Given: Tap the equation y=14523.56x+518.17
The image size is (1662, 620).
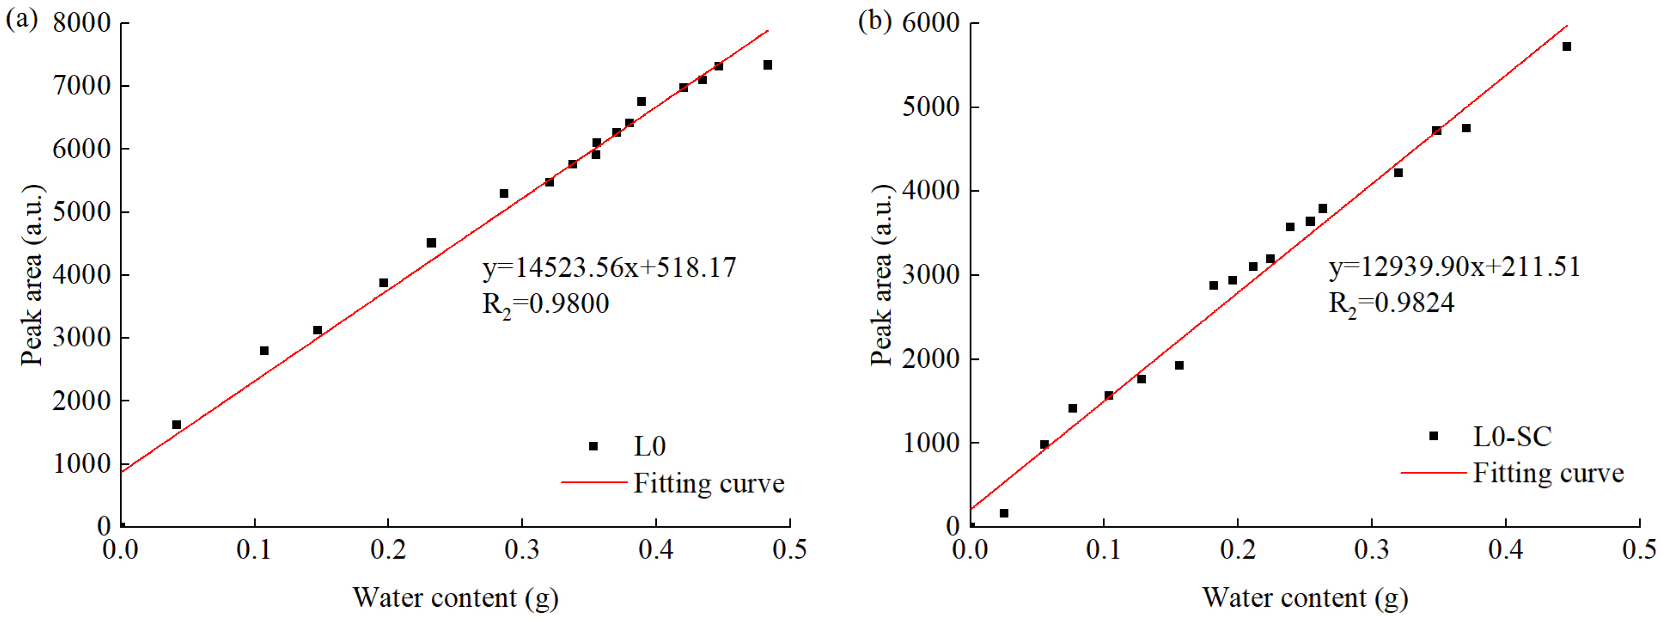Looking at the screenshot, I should point(609,267).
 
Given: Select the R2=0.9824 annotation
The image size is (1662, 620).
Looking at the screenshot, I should point(1391,303).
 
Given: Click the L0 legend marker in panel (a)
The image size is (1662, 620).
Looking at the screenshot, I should point(593,446).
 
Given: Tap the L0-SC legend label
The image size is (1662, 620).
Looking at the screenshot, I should point(1512,437).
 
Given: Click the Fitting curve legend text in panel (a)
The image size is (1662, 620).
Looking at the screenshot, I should point(708,483).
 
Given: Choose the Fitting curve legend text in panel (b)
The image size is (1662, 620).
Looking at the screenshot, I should point(1548,473).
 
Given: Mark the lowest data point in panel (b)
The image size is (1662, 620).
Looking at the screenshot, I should point(1004,513).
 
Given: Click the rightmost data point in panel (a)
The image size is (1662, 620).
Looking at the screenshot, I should point(768,65).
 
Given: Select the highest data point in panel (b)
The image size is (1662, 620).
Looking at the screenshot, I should point(1567,46).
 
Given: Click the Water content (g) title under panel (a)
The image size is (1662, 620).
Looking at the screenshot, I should point(455,597).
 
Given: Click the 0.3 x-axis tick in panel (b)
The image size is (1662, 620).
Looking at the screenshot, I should point(1372,550).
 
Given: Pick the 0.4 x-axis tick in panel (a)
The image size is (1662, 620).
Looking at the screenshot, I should point(656,550).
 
